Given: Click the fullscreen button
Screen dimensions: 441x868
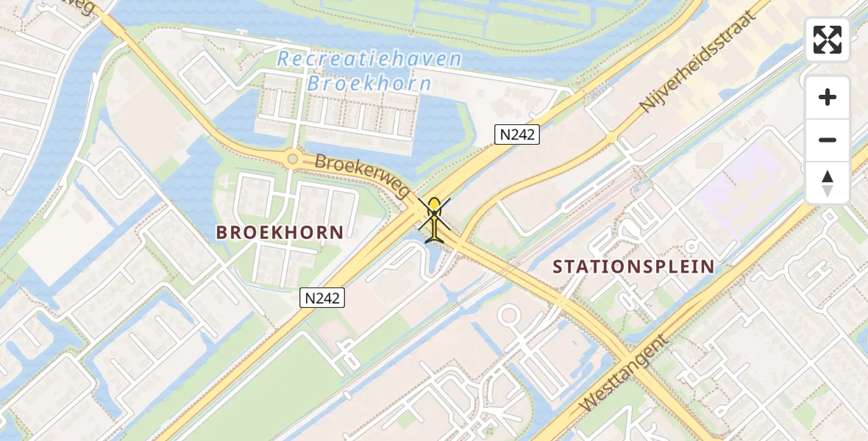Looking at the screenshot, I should (828, 40).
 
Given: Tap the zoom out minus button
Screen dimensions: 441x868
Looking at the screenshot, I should (828, 140).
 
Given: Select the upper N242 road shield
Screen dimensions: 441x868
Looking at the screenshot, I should (517, 134).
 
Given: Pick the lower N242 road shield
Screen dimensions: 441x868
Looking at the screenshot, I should (322, 297).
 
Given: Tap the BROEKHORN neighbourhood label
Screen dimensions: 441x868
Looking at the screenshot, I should (280, 233).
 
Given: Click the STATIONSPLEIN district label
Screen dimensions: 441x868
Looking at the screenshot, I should (633, 266).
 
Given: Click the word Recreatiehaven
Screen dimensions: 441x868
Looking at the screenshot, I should (369, 60).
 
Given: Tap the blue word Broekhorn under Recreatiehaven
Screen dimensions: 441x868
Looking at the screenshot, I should (369, 84).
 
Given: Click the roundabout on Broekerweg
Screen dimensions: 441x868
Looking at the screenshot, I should (293, 157).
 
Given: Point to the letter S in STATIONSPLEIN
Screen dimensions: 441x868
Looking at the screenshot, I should (558, 267).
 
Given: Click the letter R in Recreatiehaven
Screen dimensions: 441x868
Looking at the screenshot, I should (284, 60).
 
